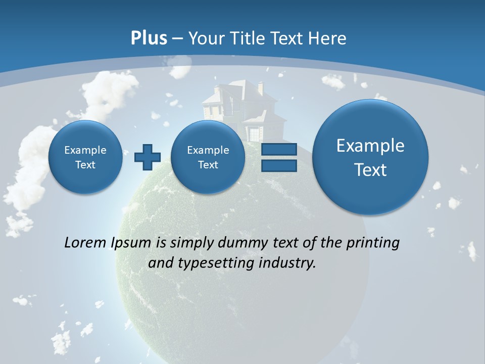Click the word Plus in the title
tap(149, 38)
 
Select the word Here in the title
tap(328, 38)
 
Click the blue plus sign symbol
tap(147, 157)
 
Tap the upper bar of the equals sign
tap(279, 150)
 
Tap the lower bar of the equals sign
tap(279, 166)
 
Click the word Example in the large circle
tap(370, 146)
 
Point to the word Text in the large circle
tap(370, 170)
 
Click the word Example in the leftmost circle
tap(85, 150)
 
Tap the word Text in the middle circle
tap(208, 165)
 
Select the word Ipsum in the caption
tap(131, 243)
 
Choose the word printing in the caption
tap(373, 243)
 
